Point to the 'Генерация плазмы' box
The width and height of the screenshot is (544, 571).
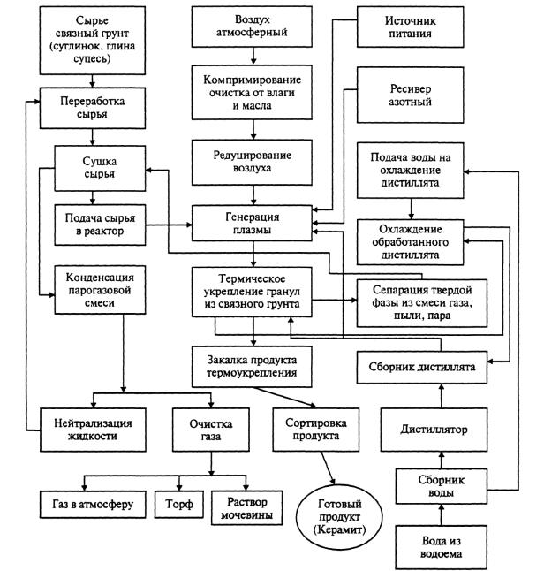254,222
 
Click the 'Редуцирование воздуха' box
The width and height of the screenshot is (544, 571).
254,160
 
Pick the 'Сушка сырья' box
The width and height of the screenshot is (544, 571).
99,167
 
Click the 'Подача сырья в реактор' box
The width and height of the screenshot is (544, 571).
99,223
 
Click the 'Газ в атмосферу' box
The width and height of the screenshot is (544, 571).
86,505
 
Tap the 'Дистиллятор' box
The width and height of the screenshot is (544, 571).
440,430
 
